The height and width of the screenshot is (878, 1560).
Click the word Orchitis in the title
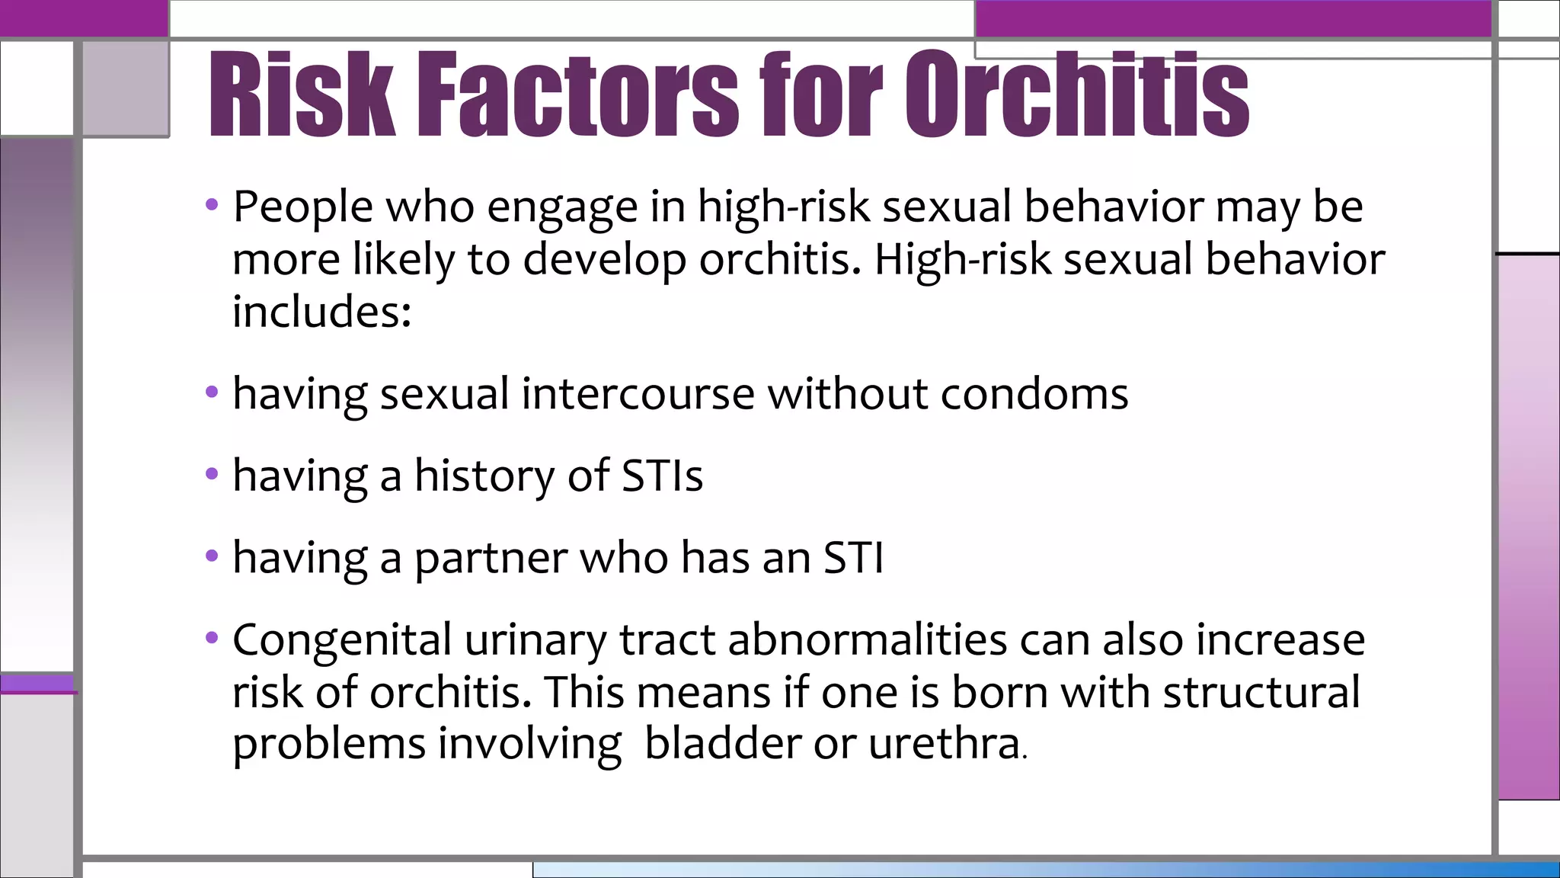click(x=1077, y=95)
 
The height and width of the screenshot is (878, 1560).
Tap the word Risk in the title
click(x=302, y=95)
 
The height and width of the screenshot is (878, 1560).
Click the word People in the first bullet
click(x=303, y=207)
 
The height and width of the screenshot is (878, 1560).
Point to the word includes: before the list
click(x=321, y=312)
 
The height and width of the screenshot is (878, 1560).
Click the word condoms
click(x=1034, y=395)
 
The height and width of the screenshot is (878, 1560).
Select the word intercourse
click(x=638, y=395)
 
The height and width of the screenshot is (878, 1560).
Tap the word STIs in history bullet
click(x=662, y=476)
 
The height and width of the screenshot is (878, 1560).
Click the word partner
click(x=491, y=559)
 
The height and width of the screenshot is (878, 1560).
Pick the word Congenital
click(x=342, y=639)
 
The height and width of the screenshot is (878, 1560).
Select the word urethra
click(x=943, y=744)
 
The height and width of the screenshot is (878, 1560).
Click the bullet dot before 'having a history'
click(x=212, y=475)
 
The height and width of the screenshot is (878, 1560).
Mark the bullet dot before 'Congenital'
click(x=212, y=637)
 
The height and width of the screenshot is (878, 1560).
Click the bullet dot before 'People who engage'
click(x=212, y=205)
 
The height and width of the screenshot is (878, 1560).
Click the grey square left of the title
click(x=126, y=88)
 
